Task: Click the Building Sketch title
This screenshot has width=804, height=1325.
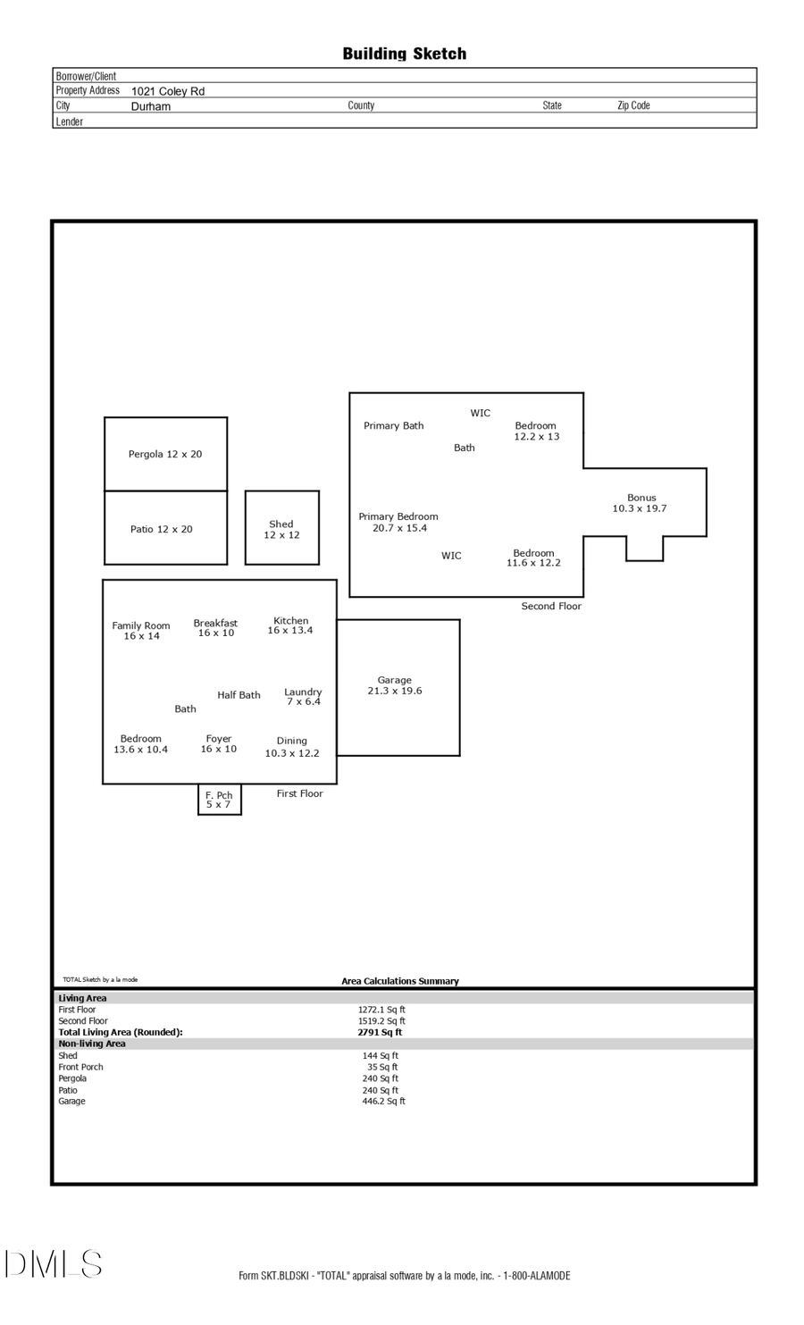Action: (404, 54)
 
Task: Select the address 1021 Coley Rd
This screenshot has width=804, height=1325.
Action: (168, 91)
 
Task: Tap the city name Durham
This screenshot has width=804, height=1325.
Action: (151, 106)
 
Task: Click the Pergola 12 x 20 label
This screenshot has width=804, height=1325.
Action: (165, 454)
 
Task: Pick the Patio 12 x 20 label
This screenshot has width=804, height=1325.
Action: (162, 529)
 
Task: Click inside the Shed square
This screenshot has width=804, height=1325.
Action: (281, 529)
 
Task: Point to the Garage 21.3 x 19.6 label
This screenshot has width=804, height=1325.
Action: (395, 685)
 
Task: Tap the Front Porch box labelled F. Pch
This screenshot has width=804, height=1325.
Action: (219, 800)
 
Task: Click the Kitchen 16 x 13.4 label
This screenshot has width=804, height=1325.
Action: (290, 625)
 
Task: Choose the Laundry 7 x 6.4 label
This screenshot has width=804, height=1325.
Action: (303, 697)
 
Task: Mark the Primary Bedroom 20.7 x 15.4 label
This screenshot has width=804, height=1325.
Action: (398, 522)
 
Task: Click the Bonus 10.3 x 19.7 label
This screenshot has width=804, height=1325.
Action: (641, 503)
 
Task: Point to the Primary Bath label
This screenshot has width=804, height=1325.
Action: (394, 426)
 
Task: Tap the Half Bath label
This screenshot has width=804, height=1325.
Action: (239, 695)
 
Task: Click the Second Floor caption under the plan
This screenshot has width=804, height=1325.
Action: (551, 607)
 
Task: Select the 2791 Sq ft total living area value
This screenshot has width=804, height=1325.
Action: (380, 1032)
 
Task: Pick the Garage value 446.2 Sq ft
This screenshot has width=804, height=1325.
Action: (383, 1102)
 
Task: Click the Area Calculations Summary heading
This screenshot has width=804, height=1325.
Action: (400, 981)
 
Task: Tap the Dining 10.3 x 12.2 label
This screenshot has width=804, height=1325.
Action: (292, 747)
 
